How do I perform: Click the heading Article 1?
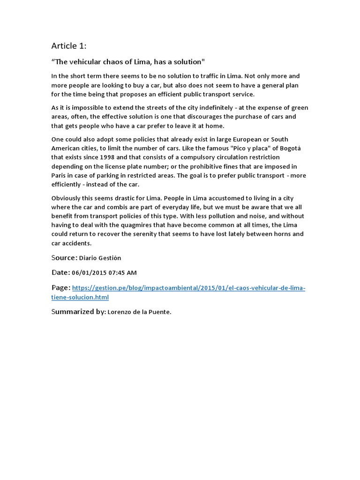68,45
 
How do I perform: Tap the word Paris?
60,175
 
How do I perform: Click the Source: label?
64,258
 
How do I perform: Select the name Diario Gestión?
100,258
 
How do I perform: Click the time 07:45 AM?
121,273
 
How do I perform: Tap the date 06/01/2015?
88,273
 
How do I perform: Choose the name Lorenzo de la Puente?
139,312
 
